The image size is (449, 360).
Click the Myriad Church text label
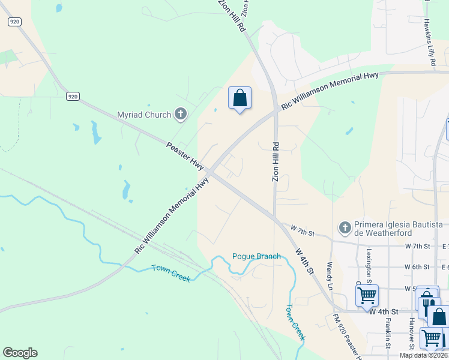145,114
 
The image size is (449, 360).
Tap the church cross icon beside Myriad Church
180,113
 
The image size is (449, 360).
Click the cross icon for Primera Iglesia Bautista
345,227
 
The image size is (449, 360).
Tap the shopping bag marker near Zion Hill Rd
240,98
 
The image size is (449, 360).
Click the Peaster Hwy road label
185,155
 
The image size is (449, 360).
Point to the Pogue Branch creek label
257,256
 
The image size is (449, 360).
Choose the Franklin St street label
388,332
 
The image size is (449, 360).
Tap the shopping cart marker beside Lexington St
367,295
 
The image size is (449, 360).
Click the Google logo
20,352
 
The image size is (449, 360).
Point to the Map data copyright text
423,355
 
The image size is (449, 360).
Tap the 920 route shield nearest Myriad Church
73,96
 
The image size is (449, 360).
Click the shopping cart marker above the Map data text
430,337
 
